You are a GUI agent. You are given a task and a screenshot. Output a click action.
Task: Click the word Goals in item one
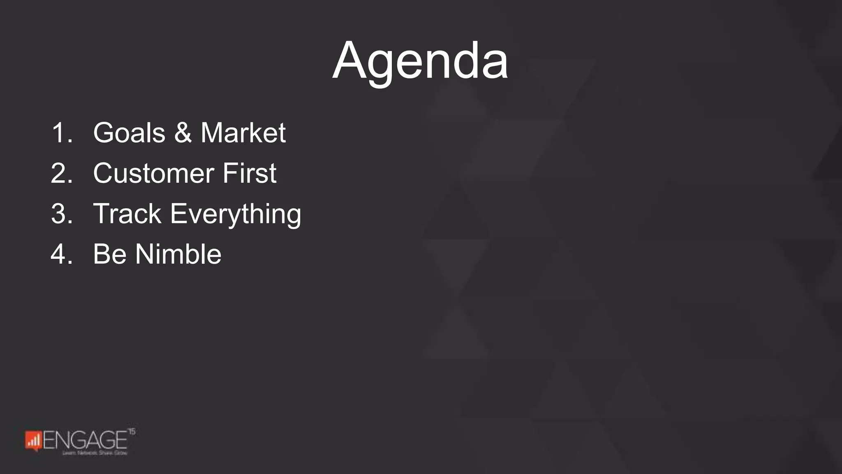129,133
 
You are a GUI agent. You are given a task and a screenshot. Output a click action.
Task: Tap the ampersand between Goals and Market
183,133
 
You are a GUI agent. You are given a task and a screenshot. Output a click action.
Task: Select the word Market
243,133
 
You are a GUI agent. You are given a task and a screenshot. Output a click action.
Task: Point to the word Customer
153,173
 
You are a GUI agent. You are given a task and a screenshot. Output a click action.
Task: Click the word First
249,173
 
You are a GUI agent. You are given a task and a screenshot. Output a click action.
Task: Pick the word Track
127,214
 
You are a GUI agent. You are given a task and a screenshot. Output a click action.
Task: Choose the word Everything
236,214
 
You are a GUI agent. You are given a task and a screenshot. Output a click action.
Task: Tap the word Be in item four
109,254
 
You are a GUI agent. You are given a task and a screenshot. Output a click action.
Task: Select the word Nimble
178,254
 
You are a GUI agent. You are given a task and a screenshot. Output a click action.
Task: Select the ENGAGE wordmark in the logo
85,440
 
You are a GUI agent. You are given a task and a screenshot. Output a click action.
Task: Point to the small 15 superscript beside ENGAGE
132,432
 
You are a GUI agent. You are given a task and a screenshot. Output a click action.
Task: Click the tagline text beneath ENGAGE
95,453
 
